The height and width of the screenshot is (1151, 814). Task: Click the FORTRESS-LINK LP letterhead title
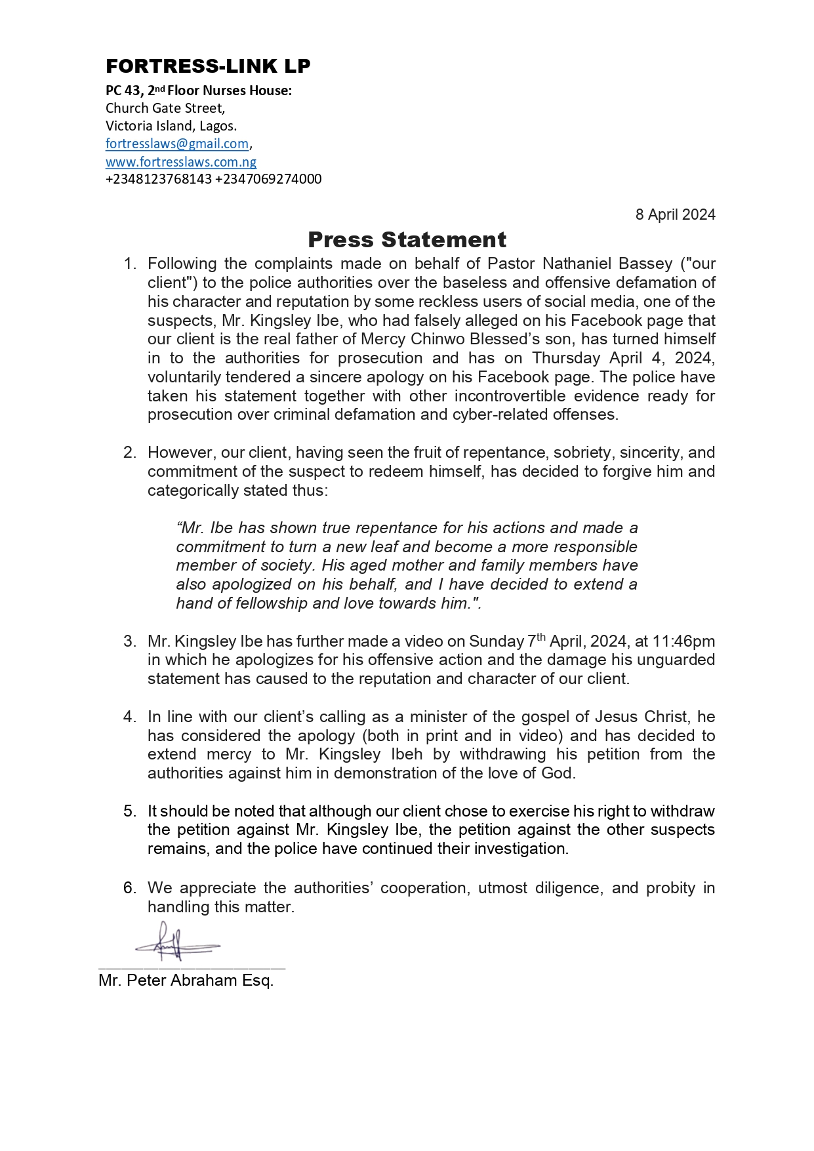(x=208, y=66)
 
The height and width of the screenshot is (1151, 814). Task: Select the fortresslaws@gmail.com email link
(x=177, y=144)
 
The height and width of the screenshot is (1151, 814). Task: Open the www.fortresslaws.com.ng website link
(x=181, y=162)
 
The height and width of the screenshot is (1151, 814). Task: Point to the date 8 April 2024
(x=675, y=214)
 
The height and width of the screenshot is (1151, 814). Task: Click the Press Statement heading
(x=407, y=240)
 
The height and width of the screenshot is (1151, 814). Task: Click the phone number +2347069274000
(x=268, y=179)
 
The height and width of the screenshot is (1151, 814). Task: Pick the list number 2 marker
(x=130, y=453)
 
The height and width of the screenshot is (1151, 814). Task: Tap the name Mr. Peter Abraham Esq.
(x=186, y=980)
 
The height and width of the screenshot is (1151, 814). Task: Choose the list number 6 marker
(x=130, y=888)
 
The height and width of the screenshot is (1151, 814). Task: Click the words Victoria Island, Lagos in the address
(x=171, y=126)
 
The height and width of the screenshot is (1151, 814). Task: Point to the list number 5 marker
(x=130, y=811)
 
